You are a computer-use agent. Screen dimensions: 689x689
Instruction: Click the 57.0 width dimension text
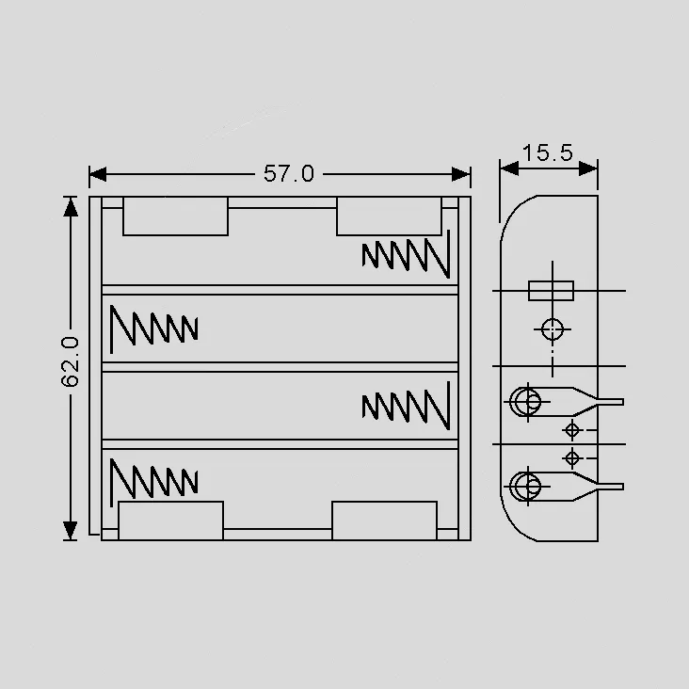[289, 173]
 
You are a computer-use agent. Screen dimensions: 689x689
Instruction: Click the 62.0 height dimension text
[70, 361]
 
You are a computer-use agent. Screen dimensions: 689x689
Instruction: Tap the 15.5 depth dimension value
[548, 152]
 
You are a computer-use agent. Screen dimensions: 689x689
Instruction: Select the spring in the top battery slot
[406, 254]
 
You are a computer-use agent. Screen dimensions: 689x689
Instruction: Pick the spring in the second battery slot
[153, 329]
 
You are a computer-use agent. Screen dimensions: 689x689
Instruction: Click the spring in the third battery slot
[406, 406]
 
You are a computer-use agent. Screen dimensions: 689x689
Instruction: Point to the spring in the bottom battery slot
[153, 483]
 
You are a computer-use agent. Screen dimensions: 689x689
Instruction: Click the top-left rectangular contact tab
[175, 216]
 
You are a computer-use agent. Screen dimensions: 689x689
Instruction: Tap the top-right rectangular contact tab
[389, 216]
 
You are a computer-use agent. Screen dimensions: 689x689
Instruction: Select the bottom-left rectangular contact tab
[171, 521]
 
